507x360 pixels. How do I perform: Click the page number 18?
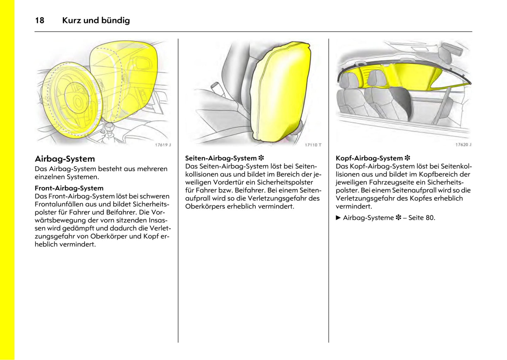pos(40,20)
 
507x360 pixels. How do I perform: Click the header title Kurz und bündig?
pos(96,20)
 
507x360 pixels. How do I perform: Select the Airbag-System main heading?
pos(65,159)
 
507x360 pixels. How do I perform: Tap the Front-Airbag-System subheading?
pos(69,188)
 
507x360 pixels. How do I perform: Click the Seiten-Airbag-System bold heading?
pos(221,158)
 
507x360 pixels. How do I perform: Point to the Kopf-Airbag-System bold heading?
pos(369,158)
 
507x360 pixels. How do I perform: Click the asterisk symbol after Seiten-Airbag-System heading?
pos(261,158)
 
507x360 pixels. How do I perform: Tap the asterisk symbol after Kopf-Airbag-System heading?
pos(407,158)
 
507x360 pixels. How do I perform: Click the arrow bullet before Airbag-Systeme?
pos(338,218)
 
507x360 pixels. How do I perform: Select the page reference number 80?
pos(430,218)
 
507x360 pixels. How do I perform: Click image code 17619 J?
pos(163,145)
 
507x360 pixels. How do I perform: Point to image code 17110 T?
pos(313,145)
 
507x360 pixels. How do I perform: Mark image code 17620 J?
pos(463,145)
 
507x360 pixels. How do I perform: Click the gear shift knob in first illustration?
pos(109,126)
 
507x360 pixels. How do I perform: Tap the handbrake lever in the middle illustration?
pos(214,86)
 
